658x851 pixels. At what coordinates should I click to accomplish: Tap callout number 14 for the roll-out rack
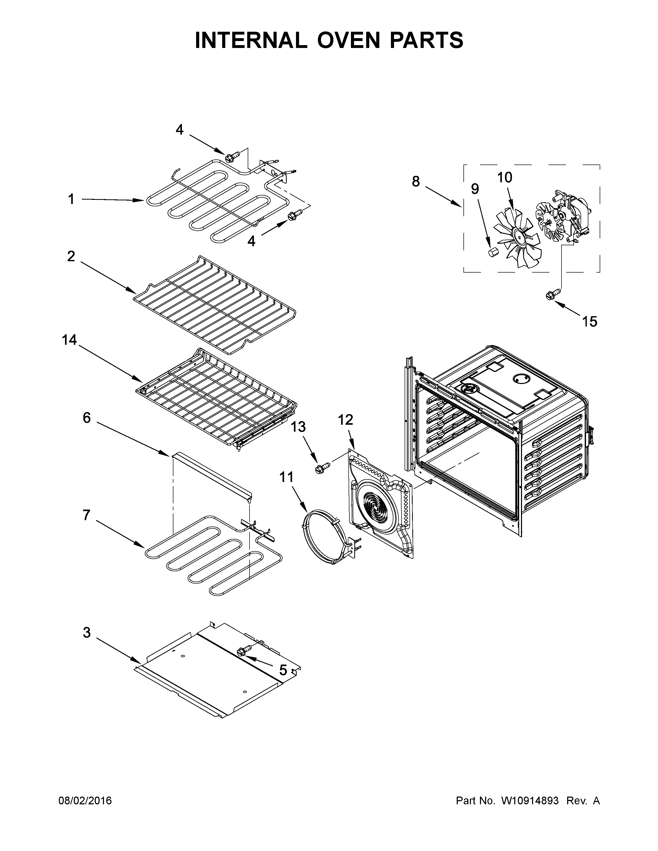tap(69, 340)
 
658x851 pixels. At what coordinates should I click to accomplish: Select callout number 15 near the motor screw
tap(589, 322)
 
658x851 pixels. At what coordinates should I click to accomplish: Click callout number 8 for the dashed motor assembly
tap(416, 181)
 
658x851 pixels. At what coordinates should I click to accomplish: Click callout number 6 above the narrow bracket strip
tap(86, 418)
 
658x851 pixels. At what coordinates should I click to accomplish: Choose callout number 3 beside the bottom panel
tap(86, 632)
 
